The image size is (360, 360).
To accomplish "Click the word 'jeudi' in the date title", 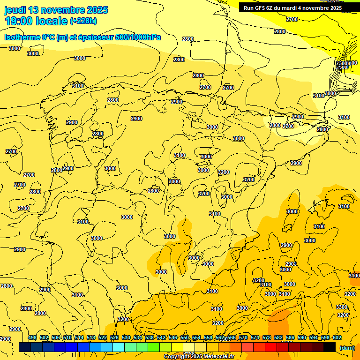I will pyautogui.click(x=15, y=10).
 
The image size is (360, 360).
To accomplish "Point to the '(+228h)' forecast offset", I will pyautogui.click(x=84, y=21).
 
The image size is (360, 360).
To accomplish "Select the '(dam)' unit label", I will pyautogui.click(x=346, y=347).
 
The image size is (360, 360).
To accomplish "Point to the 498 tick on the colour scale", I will pyautogui.click(x=32, y=337).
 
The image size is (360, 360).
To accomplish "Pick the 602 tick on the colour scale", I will pyautogui.click(x=337, y=337).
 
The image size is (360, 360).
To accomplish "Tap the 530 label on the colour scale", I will pyautogui.click(x=126, y=337).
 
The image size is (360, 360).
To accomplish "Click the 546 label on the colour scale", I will pyautogui.click(x=173, y=337).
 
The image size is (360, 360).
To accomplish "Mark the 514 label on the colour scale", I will pyautogui.click(x=79, y=337).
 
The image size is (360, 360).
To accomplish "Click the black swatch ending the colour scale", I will pyautogui.click(x=330, y=347).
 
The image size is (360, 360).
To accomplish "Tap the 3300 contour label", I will pyautogui.click(x=342, y=307).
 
